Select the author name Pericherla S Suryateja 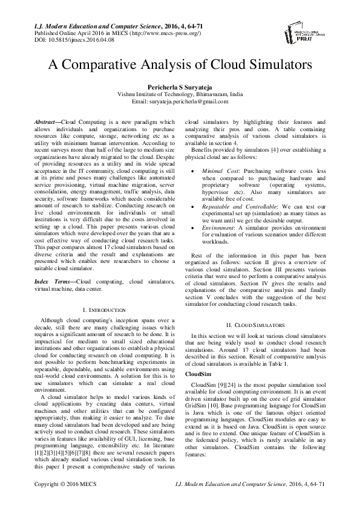click(x=180, y=87)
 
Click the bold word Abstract click(x=47, y=122)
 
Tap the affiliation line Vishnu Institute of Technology click(x=180, y=95)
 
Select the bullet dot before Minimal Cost click(x=192, y=172)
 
